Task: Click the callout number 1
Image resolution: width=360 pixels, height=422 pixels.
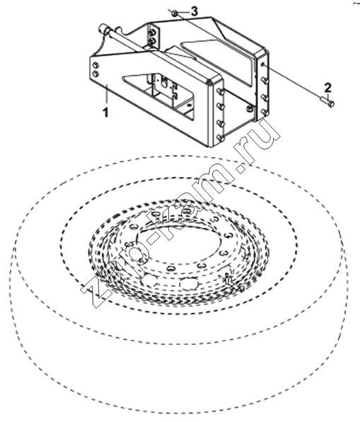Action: coord(106,112)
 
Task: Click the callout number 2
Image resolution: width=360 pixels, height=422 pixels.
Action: coord(327,88)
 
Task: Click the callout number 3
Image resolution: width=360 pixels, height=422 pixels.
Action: coord(194,11)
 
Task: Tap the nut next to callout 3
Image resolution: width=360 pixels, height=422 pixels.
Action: coord(175,13)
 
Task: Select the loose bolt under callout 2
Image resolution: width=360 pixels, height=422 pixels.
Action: coord(327,101)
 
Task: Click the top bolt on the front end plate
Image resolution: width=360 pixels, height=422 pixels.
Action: coord(221,92)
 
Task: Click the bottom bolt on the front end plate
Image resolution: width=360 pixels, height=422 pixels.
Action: coord(221,138)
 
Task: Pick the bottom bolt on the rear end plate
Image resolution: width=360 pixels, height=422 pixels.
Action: coord(265,112)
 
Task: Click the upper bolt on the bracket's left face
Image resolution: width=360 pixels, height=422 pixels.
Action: coord(95,65)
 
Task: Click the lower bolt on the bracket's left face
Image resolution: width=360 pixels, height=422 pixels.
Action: coord(95,74)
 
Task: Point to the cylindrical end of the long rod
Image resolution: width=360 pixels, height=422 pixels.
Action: coord(103,28)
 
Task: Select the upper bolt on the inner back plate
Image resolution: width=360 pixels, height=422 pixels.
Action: coord(153,33)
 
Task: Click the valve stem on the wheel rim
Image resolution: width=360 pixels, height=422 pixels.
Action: coord(228,278)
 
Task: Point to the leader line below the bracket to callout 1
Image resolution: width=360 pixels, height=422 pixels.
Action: coord(107,94)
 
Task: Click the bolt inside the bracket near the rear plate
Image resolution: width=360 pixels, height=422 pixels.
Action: coord(250,108)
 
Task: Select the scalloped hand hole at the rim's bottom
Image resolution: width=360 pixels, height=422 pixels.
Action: coord(188,283)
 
